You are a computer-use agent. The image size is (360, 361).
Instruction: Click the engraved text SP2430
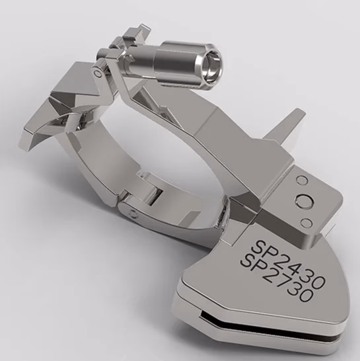tap(288, 263)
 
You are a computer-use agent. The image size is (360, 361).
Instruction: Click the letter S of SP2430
tap(258, 246)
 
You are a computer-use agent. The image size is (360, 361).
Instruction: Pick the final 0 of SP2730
tap(306, 296)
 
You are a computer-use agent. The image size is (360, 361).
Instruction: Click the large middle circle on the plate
tap(305, 201)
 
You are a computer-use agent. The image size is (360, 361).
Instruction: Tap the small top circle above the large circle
tap(301, 180)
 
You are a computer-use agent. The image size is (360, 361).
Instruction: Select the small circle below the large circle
tap(306, 222)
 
